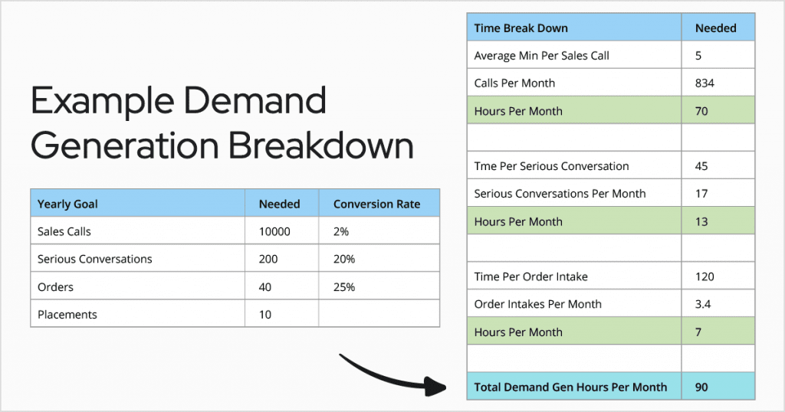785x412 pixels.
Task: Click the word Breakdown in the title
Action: point(321,146)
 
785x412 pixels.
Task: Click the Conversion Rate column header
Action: point(376,204)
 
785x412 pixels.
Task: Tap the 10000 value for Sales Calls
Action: point(274,231)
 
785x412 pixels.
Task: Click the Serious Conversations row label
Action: point(94,259)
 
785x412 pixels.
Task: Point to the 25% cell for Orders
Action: point(344,287)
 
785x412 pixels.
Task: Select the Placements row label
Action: point(67,315)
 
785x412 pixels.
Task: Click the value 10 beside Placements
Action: point(264,315)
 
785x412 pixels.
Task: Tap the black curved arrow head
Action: point(435,386)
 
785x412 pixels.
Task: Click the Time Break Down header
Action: point(521,28)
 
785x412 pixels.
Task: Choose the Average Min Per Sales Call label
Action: point(542,55)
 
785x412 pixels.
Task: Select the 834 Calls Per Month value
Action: point(705,83)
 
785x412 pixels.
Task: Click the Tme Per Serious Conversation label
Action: point(551,166)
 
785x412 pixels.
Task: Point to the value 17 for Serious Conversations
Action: point(701,194)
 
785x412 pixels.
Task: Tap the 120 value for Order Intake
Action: point(705,276)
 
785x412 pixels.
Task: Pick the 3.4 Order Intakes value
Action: point(702,304)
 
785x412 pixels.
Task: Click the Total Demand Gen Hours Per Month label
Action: point(570,387)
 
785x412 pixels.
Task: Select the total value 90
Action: point(701,387)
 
